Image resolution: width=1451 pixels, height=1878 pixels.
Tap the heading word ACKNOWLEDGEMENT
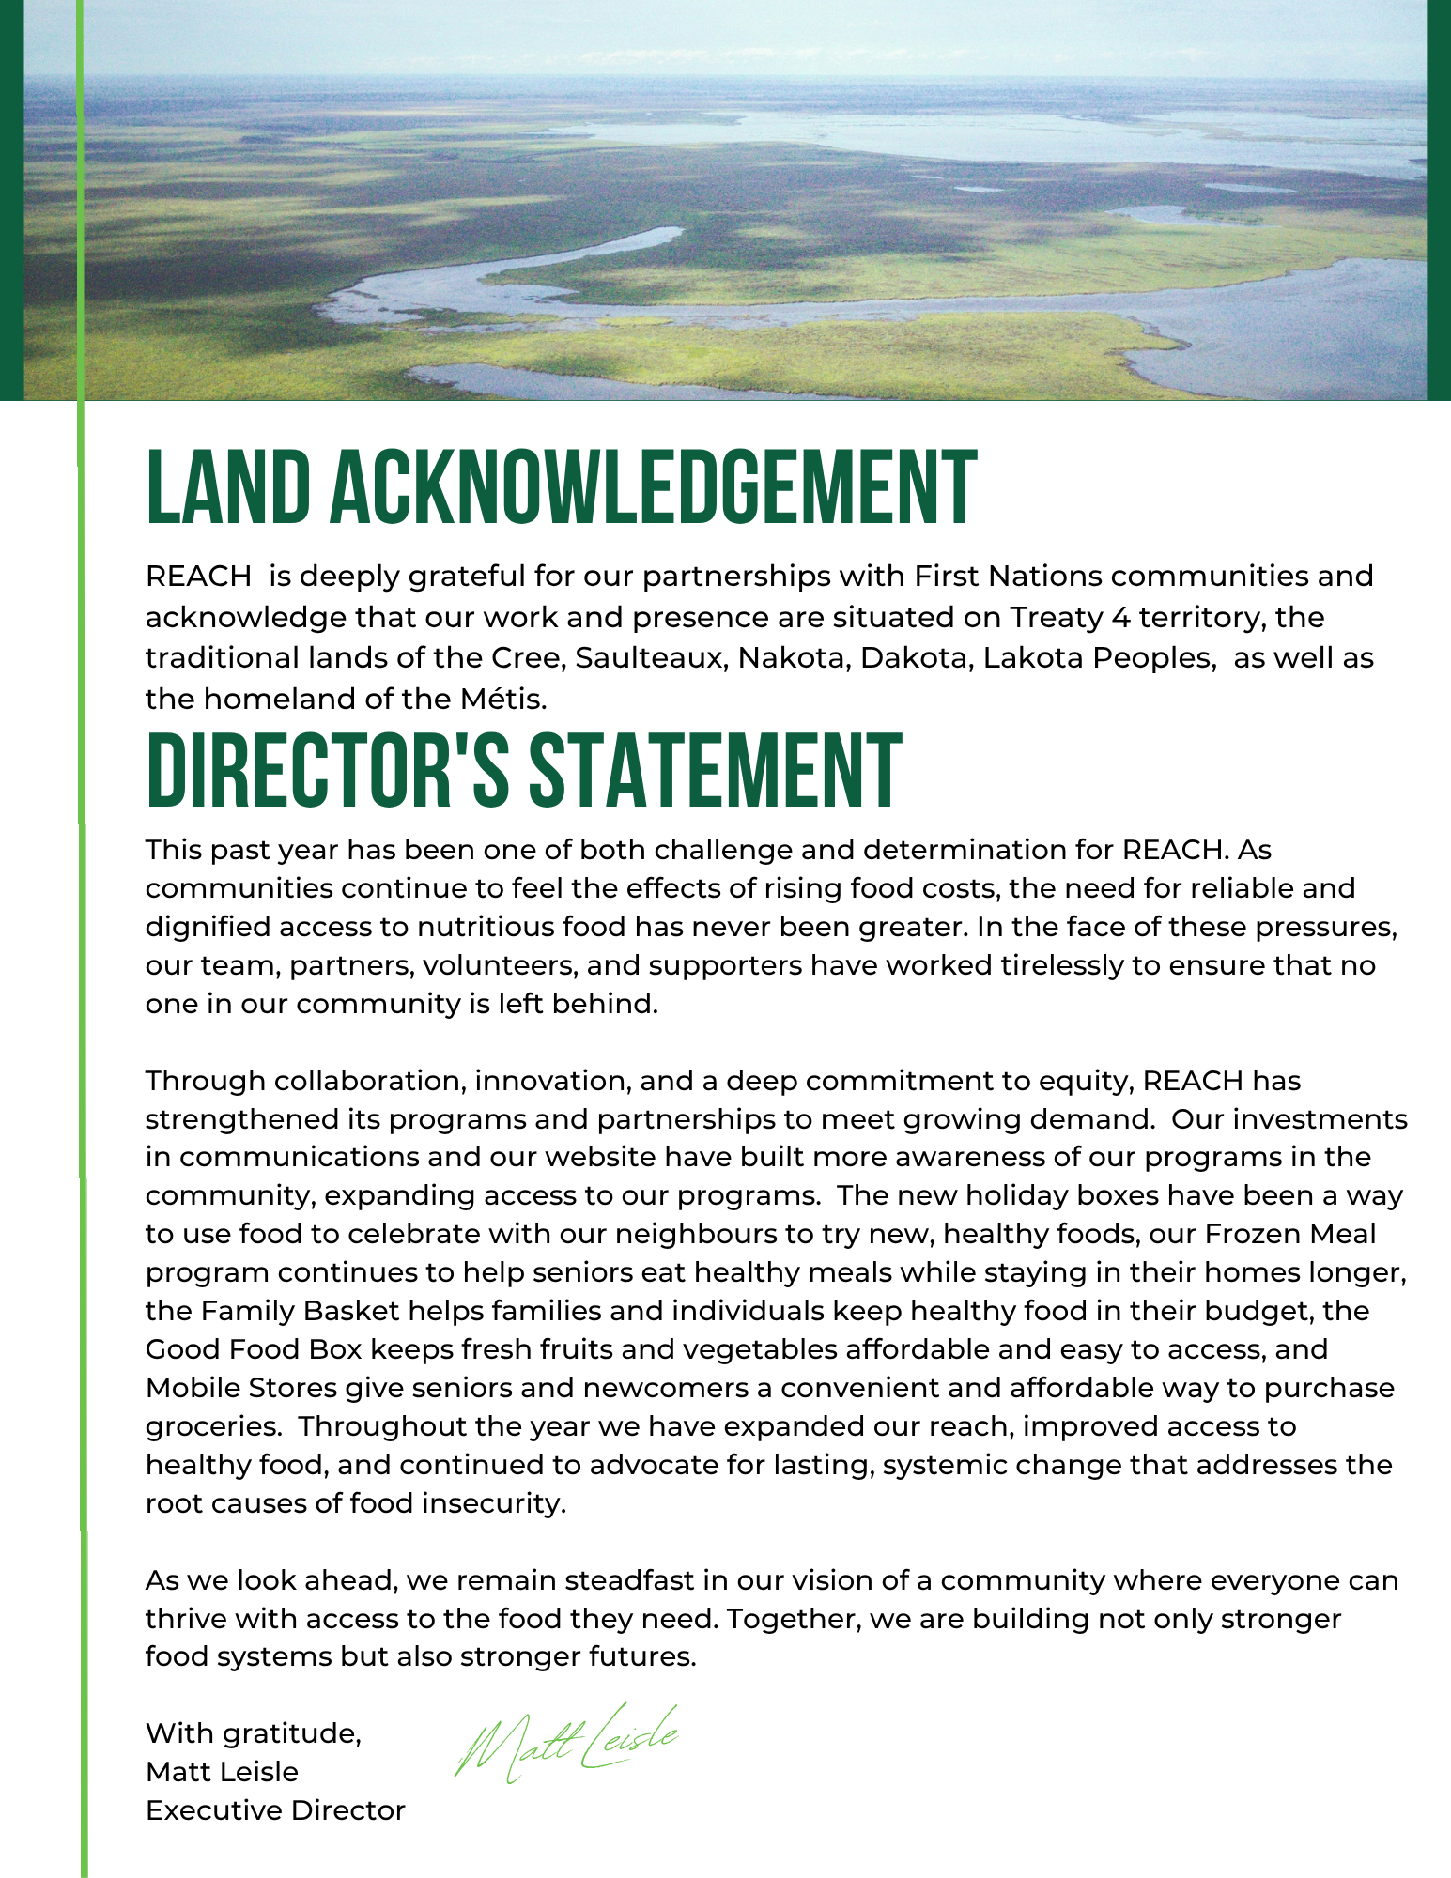(654, 488)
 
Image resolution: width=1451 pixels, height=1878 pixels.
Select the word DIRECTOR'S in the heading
(328, 772)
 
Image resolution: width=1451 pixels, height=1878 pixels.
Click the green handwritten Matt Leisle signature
(565, 1743)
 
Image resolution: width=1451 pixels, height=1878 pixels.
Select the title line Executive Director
(275, 1810)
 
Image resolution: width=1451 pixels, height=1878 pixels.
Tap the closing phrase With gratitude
(254, 1733)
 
